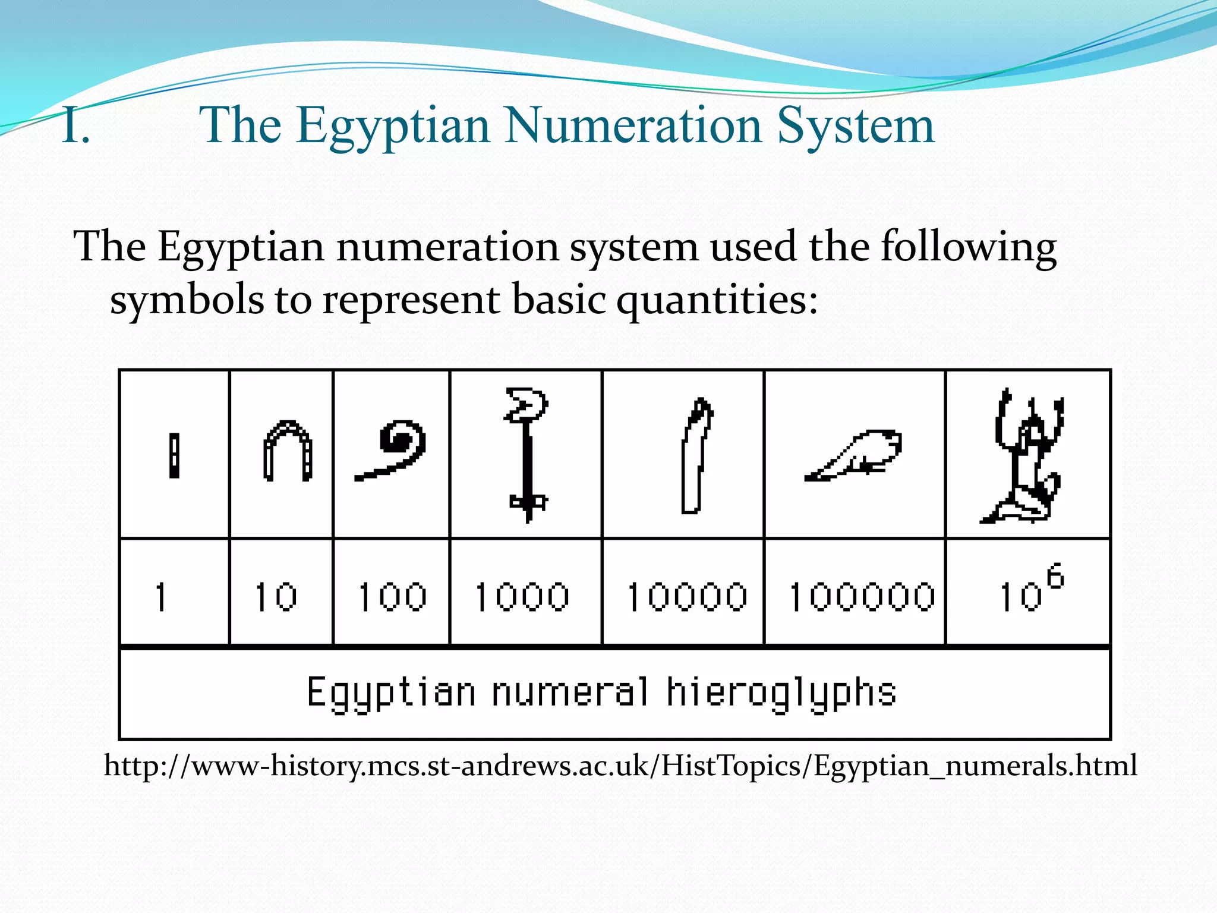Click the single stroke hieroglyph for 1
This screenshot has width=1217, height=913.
click(x=174, y=456)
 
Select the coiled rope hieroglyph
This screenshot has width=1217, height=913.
click(x=392, y=450)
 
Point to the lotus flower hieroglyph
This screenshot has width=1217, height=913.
click(x=526, y=455)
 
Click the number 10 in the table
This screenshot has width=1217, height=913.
click(x=276, y=597)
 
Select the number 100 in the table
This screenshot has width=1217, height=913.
click(x=392, y=597)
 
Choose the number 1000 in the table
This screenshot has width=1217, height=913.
click(x=522, y=597)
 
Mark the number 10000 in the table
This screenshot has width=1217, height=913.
click(x=687, y=597)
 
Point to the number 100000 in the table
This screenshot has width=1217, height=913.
click(x=862, y=597)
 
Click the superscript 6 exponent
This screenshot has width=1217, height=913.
click(x=1055, y=576)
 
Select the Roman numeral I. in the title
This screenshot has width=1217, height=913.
click(x=75, y=127)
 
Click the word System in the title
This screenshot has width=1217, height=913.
click(x=856, y=127)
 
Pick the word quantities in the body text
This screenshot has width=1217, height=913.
click(x=717, y=300)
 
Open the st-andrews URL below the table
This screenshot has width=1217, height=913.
click(x=620, y=766)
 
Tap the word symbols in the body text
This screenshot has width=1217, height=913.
click(x=187, y=300)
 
